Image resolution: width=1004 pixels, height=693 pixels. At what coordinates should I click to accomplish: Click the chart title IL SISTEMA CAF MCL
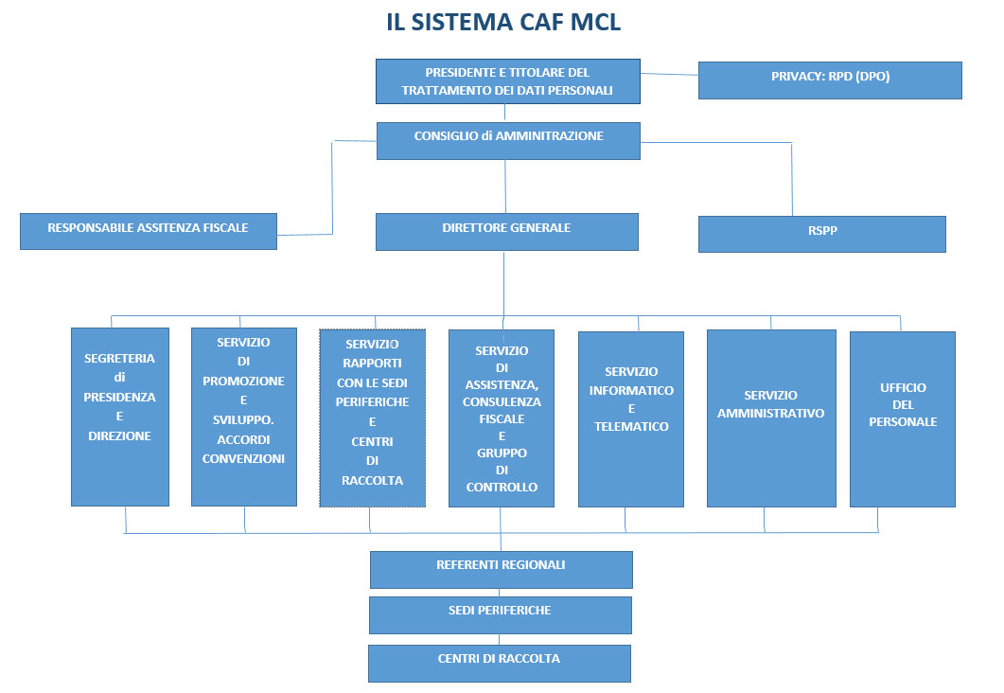tap(502, 23)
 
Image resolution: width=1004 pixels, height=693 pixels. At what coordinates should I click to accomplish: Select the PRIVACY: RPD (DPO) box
tap(829, 80)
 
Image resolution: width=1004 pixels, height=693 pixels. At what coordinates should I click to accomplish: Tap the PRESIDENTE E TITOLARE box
tap(507, 81)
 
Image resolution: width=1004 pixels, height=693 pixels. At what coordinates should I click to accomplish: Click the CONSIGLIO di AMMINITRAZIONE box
tap(508, 140)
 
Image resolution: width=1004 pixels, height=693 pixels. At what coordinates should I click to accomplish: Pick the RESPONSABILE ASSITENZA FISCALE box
tap(148, 231)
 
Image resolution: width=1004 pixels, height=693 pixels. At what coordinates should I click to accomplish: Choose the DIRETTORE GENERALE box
tap(506, 231)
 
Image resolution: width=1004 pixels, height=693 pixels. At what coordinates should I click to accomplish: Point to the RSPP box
tap(821, 234)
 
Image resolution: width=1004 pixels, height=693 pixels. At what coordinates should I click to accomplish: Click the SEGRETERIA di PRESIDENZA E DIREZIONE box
tap(119, 417)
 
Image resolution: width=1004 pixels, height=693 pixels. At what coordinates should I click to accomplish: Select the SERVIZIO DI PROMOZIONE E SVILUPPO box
tap(243, 417)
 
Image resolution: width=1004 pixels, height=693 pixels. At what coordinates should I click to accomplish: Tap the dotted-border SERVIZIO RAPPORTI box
tap(372, 418)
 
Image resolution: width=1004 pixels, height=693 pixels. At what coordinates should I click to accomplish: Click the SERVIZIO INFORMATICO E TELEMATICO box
tap(631, 418)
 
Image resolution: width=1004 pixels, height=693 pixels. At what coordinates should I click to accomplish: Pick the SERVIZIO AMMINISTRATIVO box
tap(770, 418)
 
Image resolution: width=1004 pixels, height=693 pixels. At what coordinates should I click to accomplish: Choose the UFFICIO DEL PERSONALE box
tap(902, 418)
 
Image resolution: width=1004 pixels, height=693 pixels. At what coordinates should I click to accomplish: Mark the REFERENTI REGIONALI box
tap(501, 569)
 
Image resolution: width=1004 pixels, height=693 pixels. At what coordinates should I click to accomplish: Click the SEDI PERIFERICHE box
tap(500, 614)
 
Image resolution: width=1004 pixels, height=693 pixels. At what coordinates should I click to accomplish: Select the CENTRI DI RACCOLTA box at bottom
tap(499, 663)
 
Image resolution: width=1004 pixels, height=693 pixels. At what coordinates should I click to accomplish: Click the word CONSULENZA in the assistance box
tap(502, 401)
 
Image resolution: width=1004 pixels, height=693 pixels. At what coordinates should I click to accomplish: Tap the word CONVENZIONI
tap(243, 459)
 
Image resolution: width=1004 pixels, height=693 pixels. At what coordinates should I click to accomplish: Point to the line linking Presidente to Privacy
tap(669, 73)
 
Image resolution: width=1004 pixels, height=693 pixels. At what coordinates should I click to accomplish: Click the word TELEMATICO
tap(631, 426)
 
